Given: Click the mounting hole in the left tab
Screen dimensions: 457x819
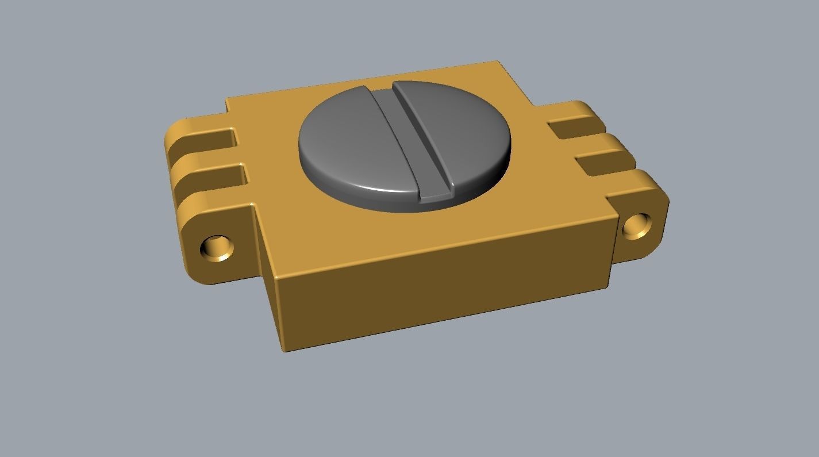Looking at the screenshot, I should [x=217, y=248].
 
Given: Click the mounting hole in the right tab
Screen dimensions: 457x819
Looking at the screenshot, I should [x=637, y=225].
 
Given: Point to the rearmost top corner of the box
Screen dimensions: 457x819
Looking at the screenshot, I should [x=495, y=62].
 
